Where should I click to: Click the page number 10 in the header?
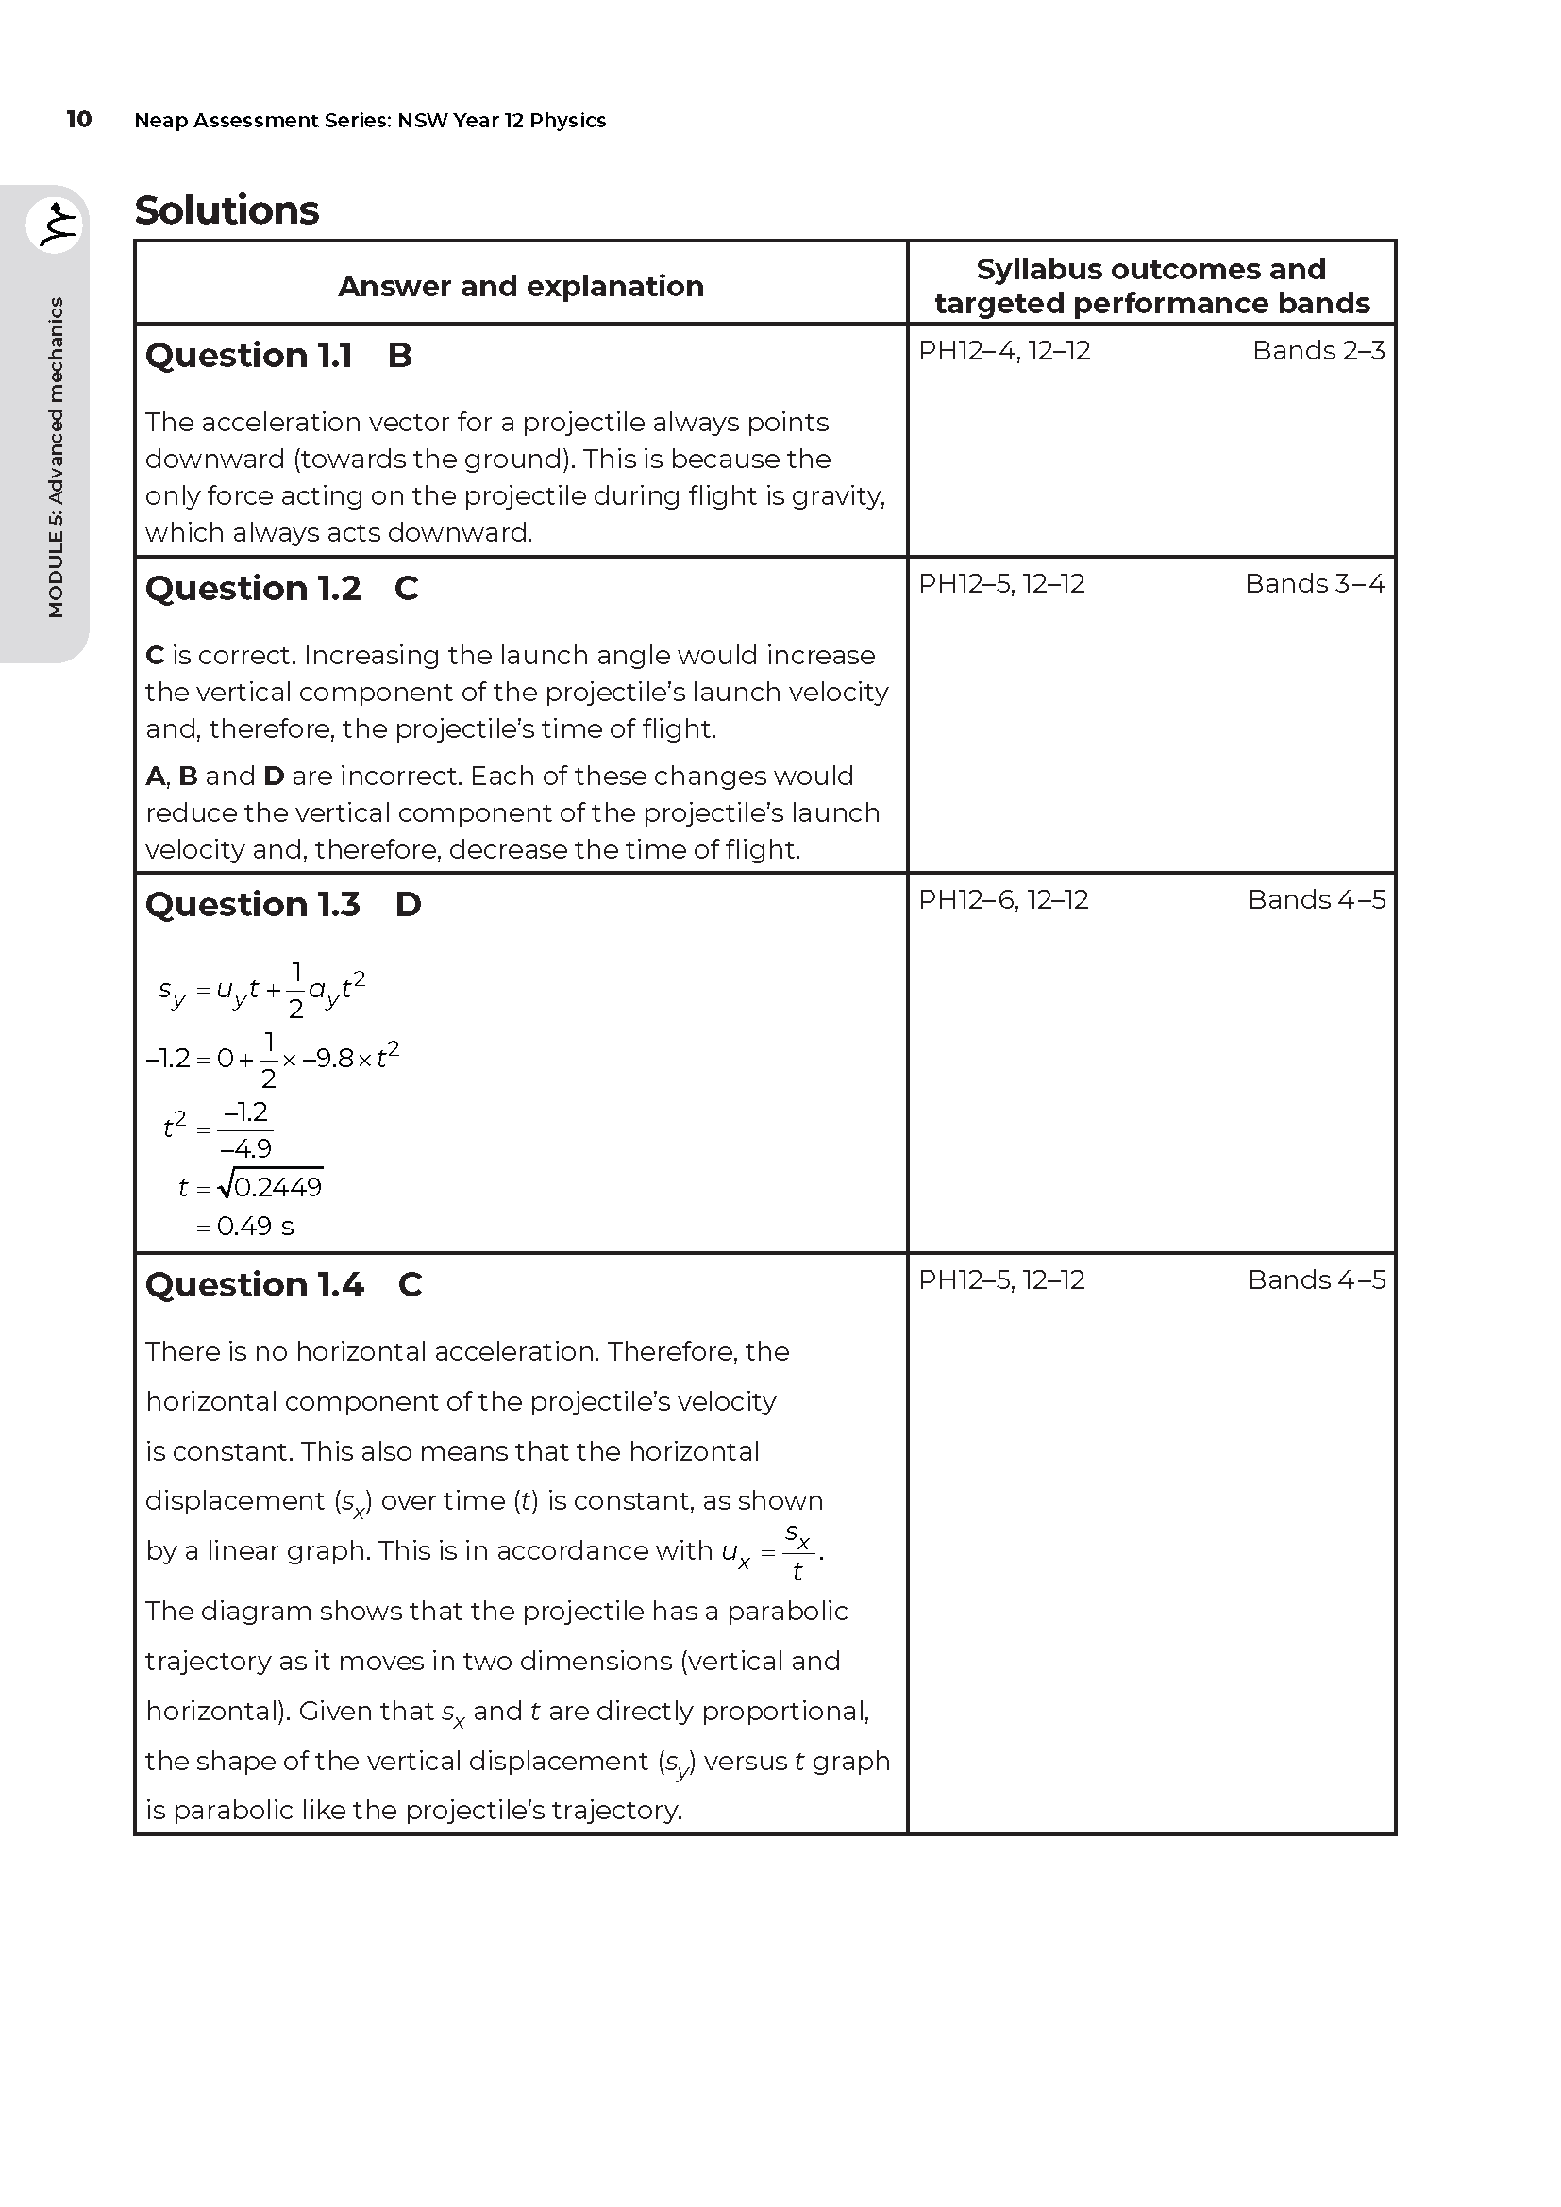[x=79, y=119]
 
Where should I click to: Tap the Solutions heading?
[x=227, y=210]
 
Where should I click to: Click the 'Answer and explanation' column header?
[x=521, y=286]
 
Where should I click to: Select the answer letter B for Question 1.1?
[x=400, y=356]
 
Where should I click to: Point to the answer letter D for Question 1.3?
[x=409, y=905]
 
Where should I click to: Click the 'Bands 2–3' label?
[x=1318, y=351]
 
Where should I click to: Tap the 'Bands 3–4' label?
[x=1315, y=583]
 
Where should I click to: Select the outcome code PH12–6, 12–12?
[x=1003, y=900]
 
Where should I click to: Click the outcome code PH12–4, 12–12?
[x=1004, y=351]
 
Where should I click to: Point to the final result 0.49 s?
[x=256, y=1227]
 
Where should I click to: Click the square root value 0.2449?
[x=277, y=1188]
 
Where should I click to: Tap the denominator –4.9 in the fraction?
[x=246, y=1148]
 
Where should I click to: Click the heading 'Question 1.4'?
[x=255, y=1285]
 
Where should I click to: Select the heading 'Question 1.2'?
[x=253, y=588]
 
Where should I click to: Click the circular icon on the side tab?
[x=56, y=226]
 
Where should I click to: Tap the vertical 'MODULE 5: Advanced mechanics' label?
[x=56, y=458]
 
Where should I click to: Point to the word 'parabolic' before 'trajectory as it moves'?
[x=787, y=1611]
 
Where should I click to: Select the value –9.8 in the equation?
[x=327, y=1059]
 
